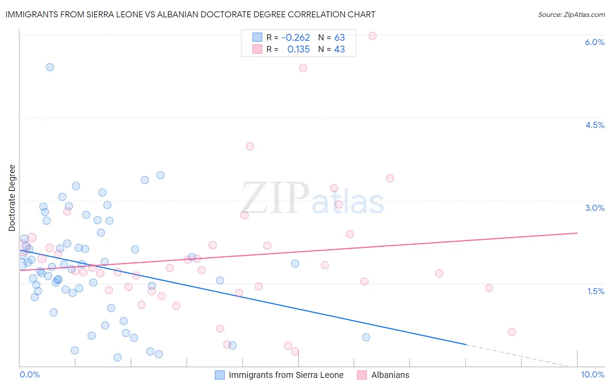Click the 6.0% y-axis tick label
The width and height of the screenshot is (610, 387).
[594, 42]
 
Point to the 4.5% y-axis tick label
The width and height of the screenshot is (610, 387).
[594, 125]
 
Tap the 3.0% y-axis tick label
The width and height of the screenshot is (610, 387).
[594, 208]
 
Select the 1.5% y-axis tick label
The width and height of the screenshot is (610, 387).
[596, 291]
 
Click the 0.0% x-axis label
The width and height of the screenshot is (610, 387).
[30, 374]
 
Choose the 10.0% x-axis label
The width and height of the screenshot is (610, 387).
[592, 374]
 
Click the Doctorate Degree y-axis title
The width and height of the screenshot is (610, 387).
[12, 198]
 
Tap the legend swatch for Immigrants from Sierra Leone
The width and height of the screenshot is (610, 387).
[220, 375]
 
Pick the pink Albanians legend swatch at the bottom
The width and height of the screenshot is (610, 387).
[362, 375]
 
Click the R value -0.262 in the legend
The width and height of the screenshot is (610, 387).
[295, 38]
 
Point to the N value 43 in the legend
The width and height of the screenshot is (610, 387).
[339, 49]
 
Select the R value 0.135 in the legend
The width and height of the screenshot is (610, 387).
[298, 49]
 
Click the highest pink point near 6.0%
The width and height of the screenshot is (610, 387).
[372, 36]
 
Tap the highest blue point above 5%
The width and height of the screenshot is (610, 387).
[50, 67]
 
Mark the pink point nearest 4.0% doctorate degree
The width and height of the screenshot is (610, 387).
[249, 146]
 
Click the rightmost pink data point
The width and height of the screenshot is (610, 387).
[512, 332]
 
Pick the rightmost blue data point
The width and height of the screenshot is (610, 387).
[366, 337]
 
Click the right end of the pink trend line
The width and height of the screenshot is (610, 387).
[577, 233]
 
